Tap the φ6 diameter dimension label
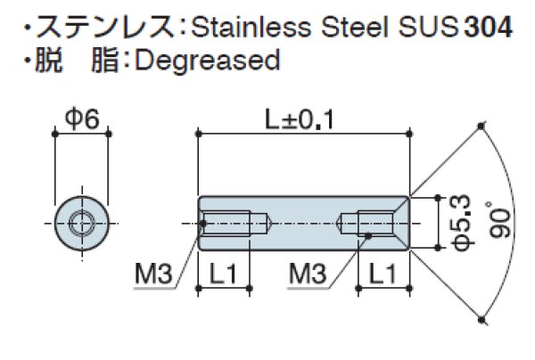[81, 116]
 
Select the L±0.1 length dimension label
[304, 116]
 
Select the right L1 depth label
[384, 276]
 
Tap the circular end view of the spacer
[82, 221]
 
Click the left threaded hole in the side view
[234, 221]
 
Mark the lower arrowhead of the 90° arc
[482, 316]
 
